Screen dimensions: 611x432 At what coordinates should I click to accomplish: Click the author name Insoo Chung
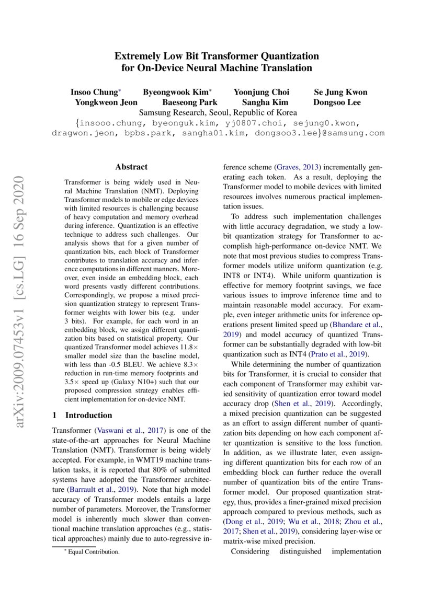pos(94,93)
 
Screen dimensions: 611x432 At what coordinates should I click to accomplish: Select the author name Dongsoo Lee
pos(337,102)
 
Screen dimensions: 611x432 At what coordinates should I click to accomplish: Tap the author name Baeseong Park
pos(190,102)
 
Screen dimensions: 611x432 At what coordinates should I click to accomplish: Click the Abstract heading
pos(131,167)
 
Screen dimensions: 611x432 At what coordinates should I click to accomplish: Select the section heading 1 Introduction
pos(82,401)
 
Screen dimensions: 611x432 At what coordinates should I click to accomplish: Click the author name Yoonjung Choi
pos(261,93)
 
